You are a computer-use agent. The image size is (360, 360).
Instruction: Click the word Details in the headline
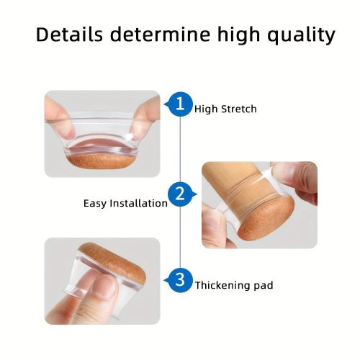tap(69, 34)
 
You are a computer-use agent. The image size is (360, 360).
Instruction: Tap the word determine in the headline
tap(160, 34)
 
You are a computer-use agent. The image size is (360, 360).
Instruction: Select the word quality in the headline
tap(301, 36)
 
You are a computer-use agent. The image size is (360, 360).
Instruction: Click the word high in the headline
tap(239, 35)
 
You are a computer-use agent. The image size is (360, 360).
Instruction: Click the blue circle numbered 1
tap(180, 104)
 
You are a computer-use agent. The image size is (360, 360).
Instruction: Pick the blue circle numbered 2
tap(180, 194)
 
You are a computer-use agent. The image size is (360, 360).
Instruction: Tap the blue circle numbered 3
tap(180, 280)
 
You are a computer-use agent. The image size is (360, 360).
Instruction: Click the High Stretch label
tap(225, 109)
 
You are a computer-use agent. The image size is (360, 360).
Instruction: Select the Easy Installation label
tap(125, 204)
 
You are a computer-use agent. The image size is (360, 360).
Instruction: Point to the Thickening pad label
tap(234, 285)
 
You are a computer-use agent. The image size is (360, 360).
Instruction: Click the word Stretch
tap(239, 109)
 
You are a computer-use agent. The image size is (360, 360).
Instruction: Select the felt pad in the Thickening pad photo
tap(114, 261)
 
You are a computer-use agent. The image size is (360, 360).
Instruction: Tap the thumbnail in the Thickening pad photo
tap(105, 286)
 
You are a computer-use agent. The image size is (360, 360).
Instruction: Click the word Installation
tap(139, 204)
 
